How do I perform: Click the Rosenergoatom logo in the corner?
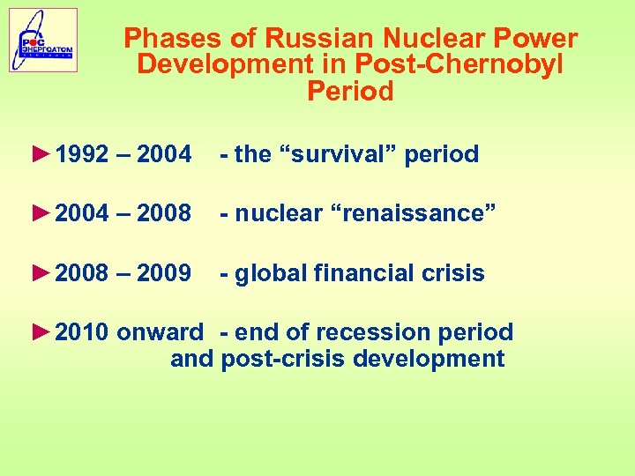point(43,40)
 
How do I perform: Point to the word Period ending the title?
point(350,92)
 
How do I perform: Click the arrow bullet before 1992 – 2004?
point(41,154)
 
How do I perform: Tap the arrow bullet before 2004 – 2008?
point(41,213)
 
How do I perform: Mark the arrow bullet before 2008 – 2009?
point(41,273)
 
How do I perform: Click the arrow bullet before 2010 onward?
point(41,332)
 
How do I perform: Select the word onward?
point(160,332)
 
